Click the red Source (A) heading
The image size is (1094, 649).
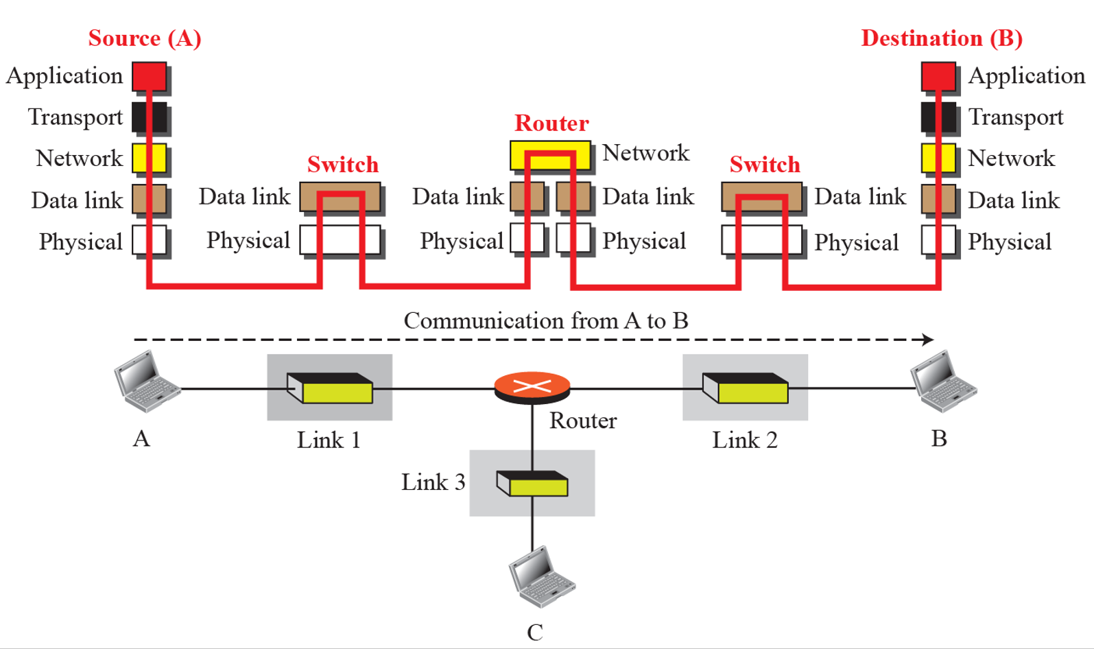[x=145, y=38]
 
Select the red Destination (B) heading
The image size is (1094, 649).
[x=941, y=38]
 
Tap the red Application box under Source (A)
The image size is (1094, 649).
[x=150, y=76]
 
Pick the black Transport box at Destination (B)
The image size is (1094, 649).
[x=938, y=117]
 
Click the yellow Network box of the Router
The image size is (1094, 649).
[x=550, y=155]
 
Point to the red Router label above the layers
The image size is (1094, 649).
[x=551, y=123]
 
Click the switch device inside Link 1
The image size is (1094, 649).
[x=330, y=388]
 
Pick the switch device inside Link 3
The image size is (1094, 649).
[x=532, y=483]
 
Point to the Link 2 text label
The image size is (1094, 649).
[x=745, y=440]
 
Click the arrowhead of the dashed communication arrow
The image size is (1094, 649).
[x=928, y=340]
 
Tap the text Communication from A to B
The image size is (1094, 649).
[x=546, y=321]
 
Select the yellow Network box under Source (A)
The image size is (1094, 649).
[x=150, y=158]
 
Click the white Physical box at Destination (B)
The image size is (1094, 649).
[x=938, y=240]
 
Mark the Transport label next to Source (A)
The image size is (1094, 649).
[x=75, y=117]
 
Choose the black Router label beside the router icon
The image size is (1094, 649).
[x=583, y=421]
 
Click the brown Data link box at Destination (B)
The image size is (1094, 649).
[x=938, y=199]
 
